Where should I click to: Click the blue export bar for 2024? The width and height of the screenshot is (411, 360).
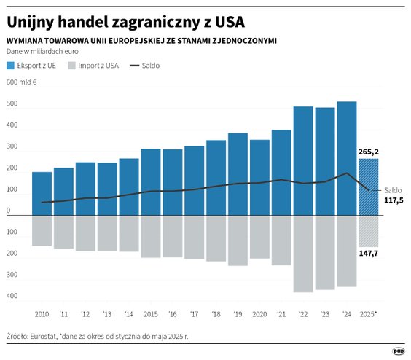pos(347,158)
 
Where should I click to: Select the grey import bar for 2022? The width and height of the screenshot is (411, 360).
pos(303,254)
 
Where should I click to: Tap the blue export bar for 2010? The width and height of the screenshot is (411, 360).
pos(42,193)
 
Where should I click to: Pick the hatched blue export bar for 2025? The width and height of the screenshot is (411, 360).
pos(369,187)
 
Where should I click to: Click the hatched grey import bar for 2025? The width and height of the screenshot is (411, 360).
pos(369,231)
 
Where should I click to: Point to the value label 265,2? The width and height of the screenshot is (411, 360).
pos(369,152)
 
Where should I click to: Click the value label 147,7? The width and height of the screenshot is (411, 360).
pos(369,252)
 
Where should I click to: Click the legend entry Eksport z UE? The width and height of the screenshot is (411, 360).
pos(32,66)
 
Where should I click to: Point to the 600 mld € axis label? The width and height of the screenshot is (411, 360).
pos(21,82)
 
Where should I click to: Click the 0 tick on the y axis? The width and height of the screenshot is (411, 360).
pos(9,211)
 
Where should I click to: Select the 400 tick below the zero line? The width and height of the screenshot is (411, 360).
pos(12,296)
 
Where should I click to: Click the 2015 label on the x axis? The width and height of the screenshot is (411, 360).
pos(151,313)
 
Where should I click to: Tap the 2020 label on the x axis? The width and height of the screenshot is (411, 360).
pos(259,313)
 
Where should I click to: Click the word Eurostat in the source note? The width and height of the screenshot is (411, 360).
pos(49,337)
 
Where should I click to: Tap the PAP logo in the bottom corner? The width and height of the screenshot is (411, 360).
pos(398,351)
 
